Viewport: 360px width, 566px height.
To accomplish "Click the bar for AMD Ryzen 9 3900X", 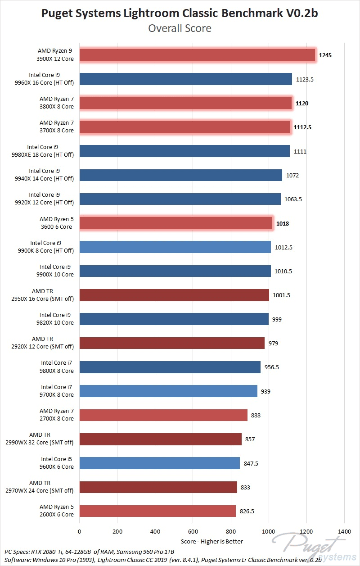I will pos(197,55).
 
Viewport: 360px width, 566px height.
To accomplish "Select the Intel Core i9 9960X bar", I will pos(185,79).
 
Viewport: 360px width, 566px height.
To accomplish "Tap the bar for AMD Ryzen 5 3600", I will pos(176,223).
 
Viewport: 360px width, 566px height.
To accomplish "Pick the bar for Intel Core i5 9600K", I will pos(159,463).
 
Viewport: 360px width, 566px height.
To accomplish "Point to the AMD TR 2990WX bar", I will pos(160,439).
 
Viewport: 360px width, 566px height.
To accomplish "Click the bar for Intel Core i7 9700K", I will pos(168,391).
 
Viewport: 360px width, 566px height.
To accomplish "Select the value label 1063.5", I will pos(292,199).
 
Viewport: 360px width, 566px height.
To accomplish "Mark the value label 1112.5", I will pos(303,127).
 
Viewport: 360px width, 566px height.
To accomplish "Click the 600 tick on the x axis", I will pos(193,531).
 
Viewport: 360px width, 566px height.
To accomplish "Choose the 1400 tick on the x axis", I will pos(344,531).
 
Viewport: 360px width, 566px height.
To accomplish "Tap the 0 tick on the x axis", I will pos(80,531).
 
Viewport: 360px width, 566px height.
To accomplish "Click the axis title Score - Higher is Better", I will pos(212,541).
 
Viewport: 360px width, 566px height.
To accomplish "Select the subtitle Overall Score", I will pos(180,28).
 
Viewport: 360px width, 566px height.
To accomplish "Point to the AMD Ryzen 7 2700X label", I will pos(57,415).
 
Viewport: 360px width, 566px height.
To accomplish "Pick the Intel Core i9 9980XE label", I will pos(50,151).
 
